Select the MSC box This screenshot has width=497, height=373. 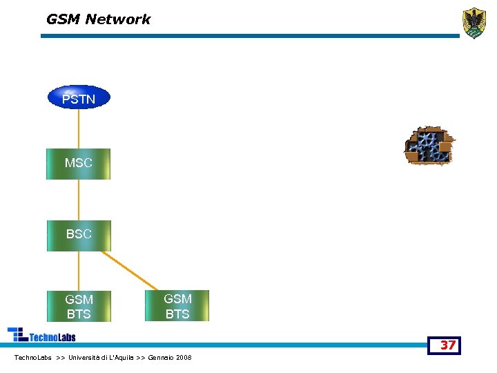pos(78,164)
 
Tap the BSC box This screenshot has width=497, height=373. pos(78,235)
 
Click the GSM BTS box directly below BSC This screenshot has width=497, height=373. pos(79,307)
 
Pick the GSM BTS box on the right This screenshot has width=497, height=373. pos(177,306)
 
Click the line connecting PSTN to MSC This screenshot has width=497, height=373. pos(79,128)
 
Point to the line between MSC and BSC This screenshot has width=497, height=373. pos(79,200)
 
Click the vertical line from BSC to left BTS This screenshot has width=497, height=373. pos(79,271)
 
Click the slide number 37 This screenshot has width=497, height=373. pos(448,345)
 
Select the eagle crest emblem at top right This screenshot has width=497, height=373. pos(474,23)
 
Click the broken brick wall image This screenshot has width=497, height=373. pos(429,146)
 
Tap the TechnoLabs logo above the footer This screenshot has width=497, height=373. pos(42,335)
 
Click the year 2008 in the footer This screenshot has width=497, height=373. pos(184,358)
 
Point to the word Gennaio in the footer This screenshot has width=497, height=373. pos(161,358)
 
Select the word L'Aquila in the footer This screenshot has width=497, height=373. pos(121,358)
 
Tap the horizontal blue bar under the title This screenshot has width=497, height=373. pos(248,36)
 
